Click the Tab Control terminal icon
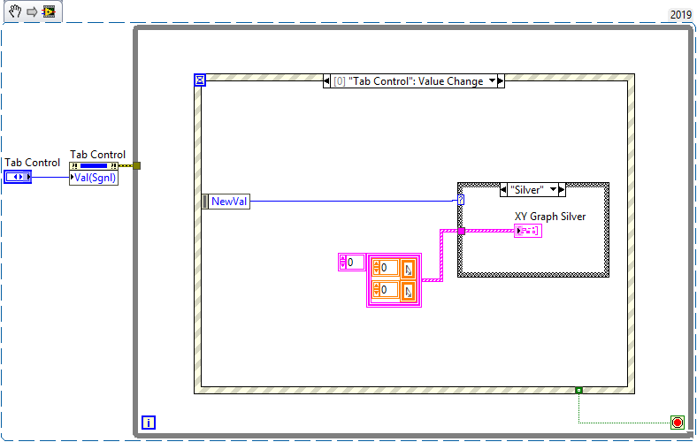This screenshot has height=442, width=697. (x=18, y=177)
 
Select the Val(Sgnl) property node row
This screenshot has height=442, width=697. (x=94, y=178)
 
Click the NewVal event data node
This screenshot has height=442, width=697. (x=226, y=202)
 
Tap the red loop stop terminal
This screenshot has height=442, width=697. (x=677, y=422)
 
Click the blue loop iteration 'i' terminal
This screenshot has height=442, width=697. (x=149, y=422)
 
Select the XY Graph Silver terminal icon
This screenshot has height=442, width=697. (x=528, y=231)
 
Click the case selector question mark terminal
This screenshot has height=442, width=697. (x=461, y=201)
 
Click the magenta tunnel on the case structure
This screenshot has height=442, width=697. (x=462, y=231)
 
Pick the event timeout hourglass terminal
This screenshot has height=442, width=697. (x=200, y=80)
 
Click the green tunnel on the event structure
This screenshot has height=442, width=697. (x=578, y=390)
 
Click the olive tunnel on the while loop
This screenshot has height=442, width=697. (x=137, y=165)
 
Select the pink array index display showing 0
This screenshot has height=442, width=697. (x=352, y=262)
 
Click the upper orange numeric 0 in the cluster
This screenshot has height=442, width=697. (x=386, y=268)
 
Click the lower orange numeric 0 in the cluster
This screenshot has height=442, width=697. (x=386, y=290)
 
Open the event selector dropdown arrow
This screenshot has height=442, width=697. (x=492, y=80)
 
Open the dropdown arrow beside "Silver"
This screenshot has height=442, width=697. (x=553, y=190)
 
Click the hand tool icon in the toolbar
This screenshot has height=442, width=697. (x=15, y=11)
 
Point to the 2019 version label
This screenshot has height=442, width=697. (x=680, y=15)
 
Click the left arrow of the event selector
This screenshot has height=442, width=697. (x=326, y=80)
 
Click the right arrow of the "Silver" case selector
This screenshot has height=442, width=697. (x=562, y=190)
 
